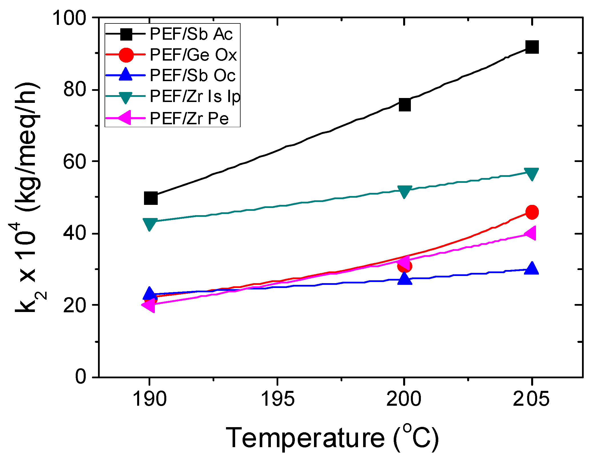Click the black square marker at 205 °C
532,47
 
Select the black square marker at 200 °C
405,105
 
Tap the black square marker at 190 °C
151,198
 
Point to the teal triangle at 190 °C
150,224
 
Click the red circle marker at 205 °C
532,212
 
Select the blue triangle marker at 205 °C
531,269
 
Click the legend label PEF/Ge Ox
193,55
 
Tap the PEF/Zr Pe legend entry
189,118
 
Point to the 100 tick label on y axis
69,18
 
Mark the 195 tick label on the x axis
277,399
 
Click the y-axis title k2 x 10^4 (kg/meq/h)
29,197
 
